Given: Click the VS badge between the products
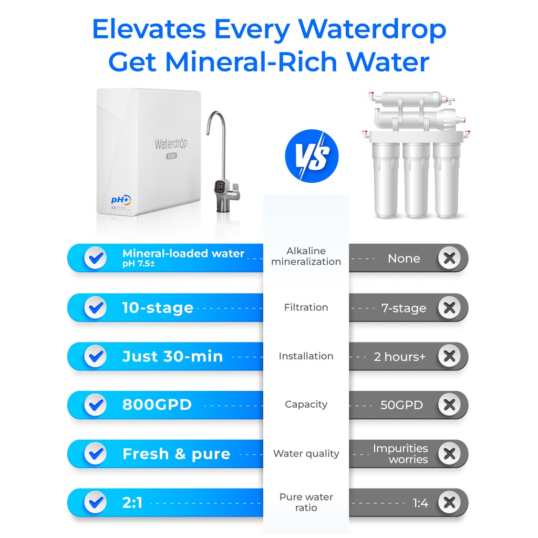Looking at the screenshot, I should [x=312, y=156].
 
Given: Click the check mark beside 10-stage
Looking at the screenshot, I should [x=95, y=307].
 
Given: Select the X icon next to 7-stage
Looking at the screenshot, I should [x=449, y=308].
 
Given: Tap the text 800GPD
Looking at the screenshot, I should [x=157, y=405].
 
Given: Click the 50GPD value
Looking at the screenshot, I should [x=401, y=405].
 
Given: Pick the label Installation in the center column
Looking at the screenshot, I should [x=306, y=356].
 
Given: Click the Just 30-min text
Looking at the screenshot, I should [x=172, y=356].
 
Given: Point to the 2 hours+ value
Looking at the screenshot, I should [x=399, y=357].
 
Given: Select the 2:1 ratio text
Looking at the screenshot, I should [x=132, y=503].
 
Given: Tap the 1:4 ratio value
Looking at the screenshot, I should [x=420, y=503].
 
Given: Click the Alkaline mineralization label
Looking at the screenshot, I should [x=306, y=256].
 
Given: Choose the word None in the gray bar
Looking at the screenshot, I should [x=403, y=258].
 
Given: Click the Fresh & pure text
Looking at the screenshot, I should [x=176, y=454].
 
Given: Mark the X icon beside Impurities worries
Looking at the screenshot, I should [x=449, y=454].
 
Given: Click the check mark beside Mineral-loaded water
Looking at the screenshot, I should [x=95, y=258].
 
